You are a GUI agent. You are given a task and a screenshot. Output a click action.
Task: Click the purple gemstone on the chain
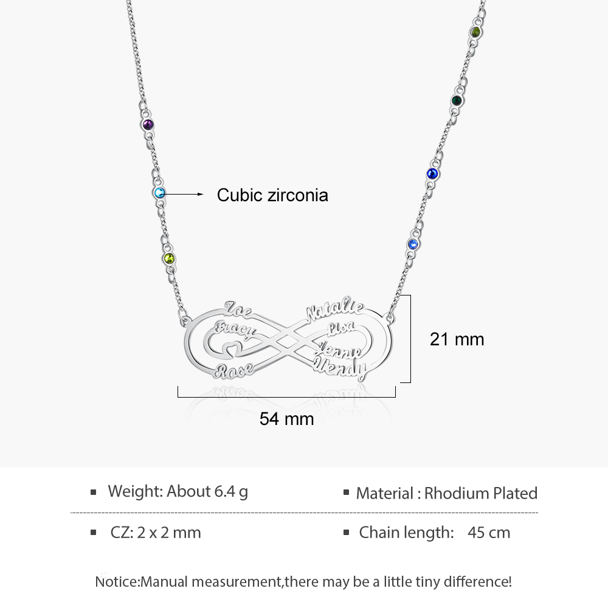(148, 125)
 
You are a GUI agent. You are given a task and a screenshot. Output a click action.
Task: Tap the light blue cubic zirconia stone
(159, 193)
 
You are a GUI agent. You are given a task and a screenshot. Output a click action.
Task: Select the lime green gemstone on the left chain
(170, 258)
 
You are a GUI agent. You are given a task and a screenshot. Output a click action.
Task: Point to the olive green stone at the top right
(476, 32)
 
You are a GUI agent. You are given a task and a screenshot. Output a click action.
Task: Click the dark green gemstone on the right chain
(457, 101)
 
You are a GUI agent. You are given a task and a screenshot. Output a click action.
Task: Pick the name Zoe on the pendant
(238, 309)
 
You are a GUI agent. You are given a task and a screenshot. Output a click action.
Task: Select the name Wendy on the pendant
(340, 369)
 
